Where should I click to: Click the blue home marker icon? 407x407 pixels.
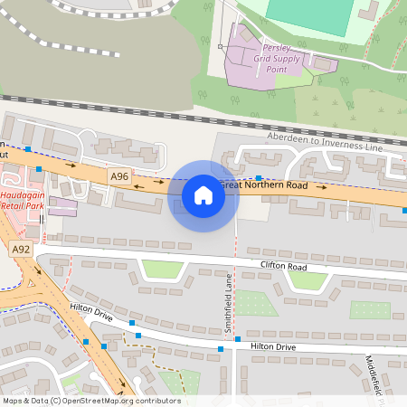tap(203, 195)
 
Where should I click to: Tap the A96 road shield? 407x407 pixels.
tap(119, 176)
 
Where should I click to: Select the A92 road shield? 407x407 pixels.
tap(21, 249)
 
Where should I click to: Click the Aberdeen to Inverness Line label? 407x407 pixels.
tap(326, 141)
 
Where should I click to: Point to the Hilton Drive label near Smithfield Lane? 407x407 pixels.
tap(273, 346)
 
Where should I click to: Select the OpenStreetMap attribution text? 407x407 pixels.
tap(91, 401)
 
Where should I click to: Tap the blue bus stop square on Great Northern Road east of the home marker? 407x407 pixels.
tap(259, 178)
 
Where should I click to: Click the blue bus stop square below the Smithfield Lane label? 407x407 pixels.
tap(220, 348)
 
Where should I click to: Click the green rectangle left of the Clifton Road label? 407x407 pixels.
tap(160, 269)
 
